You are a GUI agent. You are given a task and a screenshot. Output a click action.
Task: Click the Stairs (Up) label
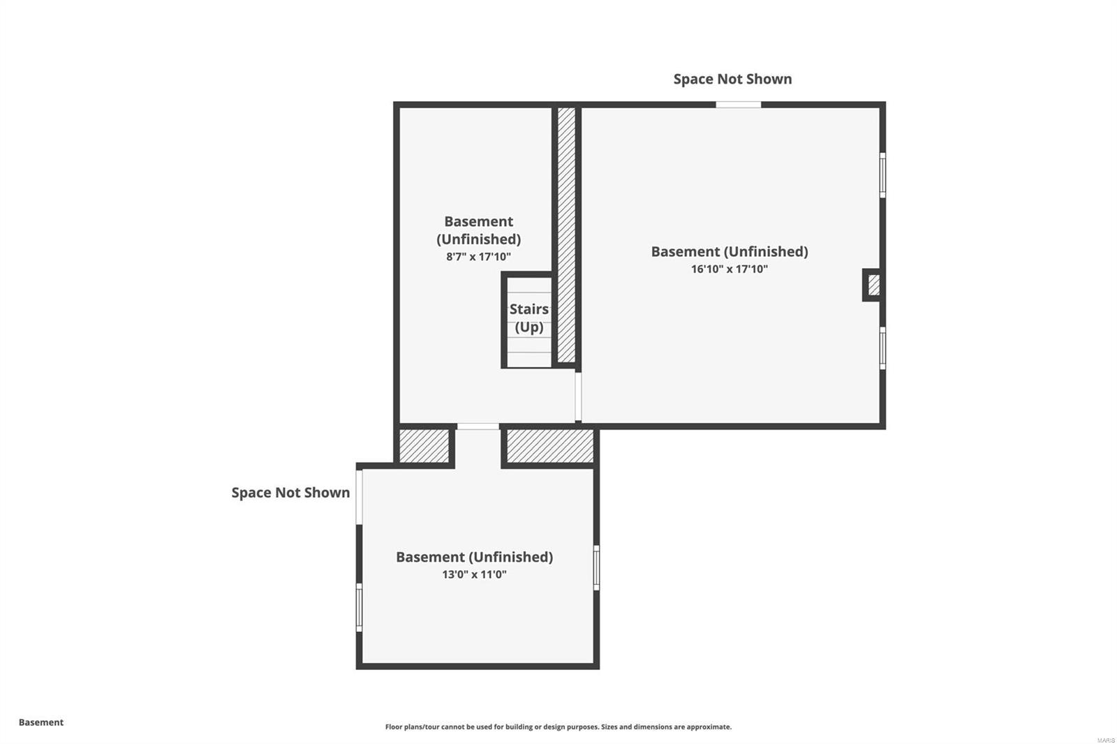(x=528, y=318)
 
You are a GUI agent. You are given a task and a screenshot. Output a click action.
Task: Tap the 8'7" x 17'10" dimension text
(x=478, y=257)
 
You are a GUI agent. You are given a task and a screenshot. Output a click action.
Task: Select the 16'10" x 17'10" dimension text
(x=729, y=269)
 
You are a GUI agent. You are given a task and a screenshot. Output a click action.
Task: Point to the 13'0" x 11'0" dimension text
(x=474, y=574)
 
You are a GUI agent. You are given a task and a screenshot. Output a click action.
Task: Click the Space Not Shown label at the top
(x=732, y=79)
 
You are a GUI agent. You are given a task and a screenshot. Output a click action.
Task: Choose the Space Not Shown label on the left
(x=290, y=493)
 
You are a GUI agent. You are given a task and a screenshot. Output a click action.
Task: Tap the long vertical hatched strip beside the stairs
(x=566, y=235)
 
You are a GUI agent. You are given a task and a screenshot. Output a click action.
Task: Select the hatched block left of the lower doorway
(x=424, y=446)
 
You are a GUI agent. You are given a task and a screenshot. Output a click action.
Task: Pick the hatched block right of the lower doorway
(x=550, y=446)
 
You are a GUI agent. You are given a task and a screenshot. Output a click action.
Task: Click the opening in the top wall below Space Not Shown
(x=739, y=105)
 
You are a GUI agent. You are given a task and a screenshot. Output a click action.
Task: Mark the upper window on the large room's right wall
(x=882, y=175)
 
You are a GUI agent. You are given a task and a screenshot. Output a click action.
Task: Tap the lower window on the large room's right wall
(x=882, y=348)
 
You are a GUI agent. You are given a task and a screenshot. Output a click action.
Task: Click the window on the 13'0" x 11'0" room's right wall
(x=596, y=567)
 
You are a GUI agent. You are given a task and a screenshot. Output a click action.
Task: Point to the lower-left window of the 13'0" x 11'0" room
(x=359, y=607)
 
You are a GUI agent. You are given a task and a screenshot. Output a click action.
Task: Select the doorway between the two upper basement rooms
(x=578, y=397)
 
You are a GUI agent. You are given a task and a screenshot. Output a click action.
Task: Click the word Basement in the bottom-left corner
(x=41, y=722)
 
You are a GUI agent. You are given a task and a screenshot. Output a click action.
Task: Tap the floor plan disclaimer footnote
(x=558, y=727)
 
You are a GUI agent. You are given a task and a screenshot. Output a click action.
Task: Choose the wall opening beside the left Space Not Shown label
(x=359, y=497)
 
